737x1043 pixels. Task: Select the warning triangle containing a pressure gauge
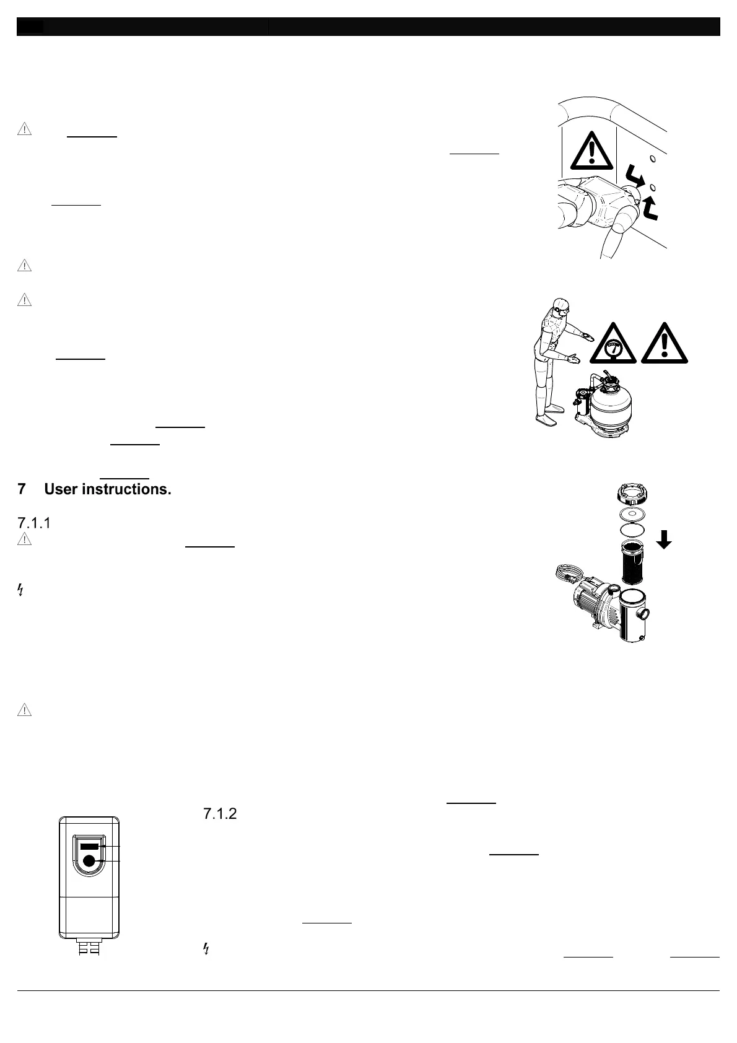point(613,344)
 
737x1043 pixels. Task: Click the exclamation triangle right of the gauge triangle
point(664,344)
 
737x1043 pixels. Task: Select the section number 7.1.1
point(34,523)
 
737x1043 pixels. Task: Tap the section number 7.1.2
point(220,814)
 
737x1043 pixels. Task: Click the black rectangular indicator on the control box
point(89,845)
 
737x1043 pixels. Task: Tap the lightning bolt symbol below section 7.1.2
point(206,949)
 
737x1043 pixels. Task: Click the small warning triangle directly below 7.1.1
point(24,539)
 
